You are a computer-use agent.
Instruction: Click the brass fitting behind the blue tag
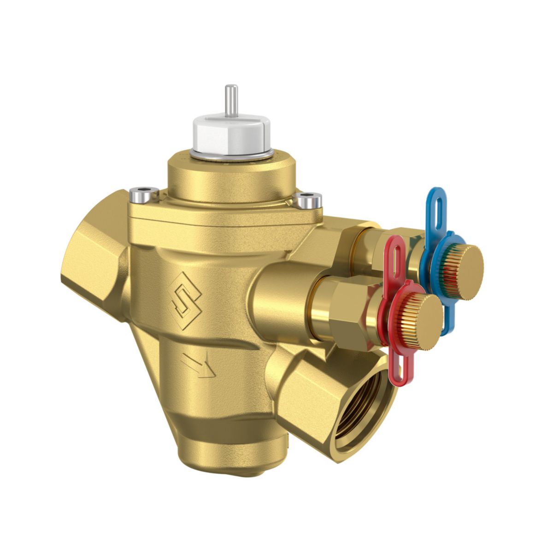pos(369,249)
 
